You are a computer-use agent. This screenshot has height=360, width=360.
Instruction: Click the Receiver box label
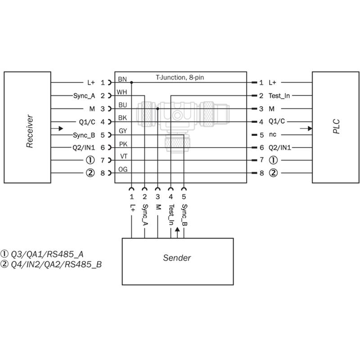click(30, 131)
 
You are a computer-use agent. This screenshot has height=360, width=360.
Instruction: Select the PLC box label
click(336, 126)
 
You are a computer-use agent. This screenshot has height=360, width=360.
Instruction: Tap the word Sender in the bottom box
click(177, 258)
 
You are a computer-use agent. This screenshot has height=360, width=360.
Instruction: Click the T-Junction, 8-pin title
click(180, 77)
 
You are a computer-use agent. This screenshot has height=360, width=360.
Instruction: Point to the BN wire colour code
click(122, 79)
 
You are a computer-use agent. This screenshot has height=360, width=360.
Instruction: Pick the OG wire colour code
click(123, 170)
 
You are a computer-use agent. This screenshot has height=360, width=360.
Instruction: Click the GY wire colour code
click(123, 131)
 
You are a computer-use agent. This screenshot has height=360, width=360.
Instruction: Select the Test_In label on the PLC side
click(279, 96)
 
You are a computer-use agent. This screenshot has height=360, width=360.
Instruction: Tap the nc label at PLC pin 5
click(273, 135)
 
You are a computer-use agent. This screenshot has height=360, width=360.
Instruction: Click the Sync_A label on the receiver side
click(84, 96)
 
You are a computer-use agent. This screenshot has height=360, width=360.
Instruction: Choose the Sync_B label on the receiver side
click(84, 135)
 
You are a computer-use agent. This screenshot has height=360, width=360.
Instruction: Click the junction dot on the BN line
click(131, 82)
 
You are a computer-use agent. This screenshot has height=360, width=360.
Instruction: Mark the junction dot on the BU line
click(158, 108)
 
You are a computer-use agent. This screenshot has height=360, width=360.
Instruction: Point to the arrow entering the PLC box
click(306, 129)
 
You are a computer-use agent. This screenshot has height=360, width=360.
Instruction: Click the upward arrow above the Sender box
click(177, 233)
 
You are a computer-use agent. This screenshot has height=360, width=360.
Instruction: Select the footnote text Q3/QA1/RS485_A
click(47, 254)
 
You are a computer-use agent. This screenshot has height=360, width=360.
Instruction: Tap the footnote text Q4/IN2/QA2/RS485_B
click(56, 265)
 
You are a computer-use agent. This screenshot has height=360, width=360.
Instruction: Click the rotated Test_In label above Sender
click(171, 215)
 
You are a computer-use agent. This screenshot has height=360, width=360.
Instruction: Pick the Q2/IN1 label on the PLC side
click(279, 148)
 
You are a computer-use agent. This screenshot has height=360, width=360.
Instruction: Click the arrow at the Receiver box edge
click(57, 129)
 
